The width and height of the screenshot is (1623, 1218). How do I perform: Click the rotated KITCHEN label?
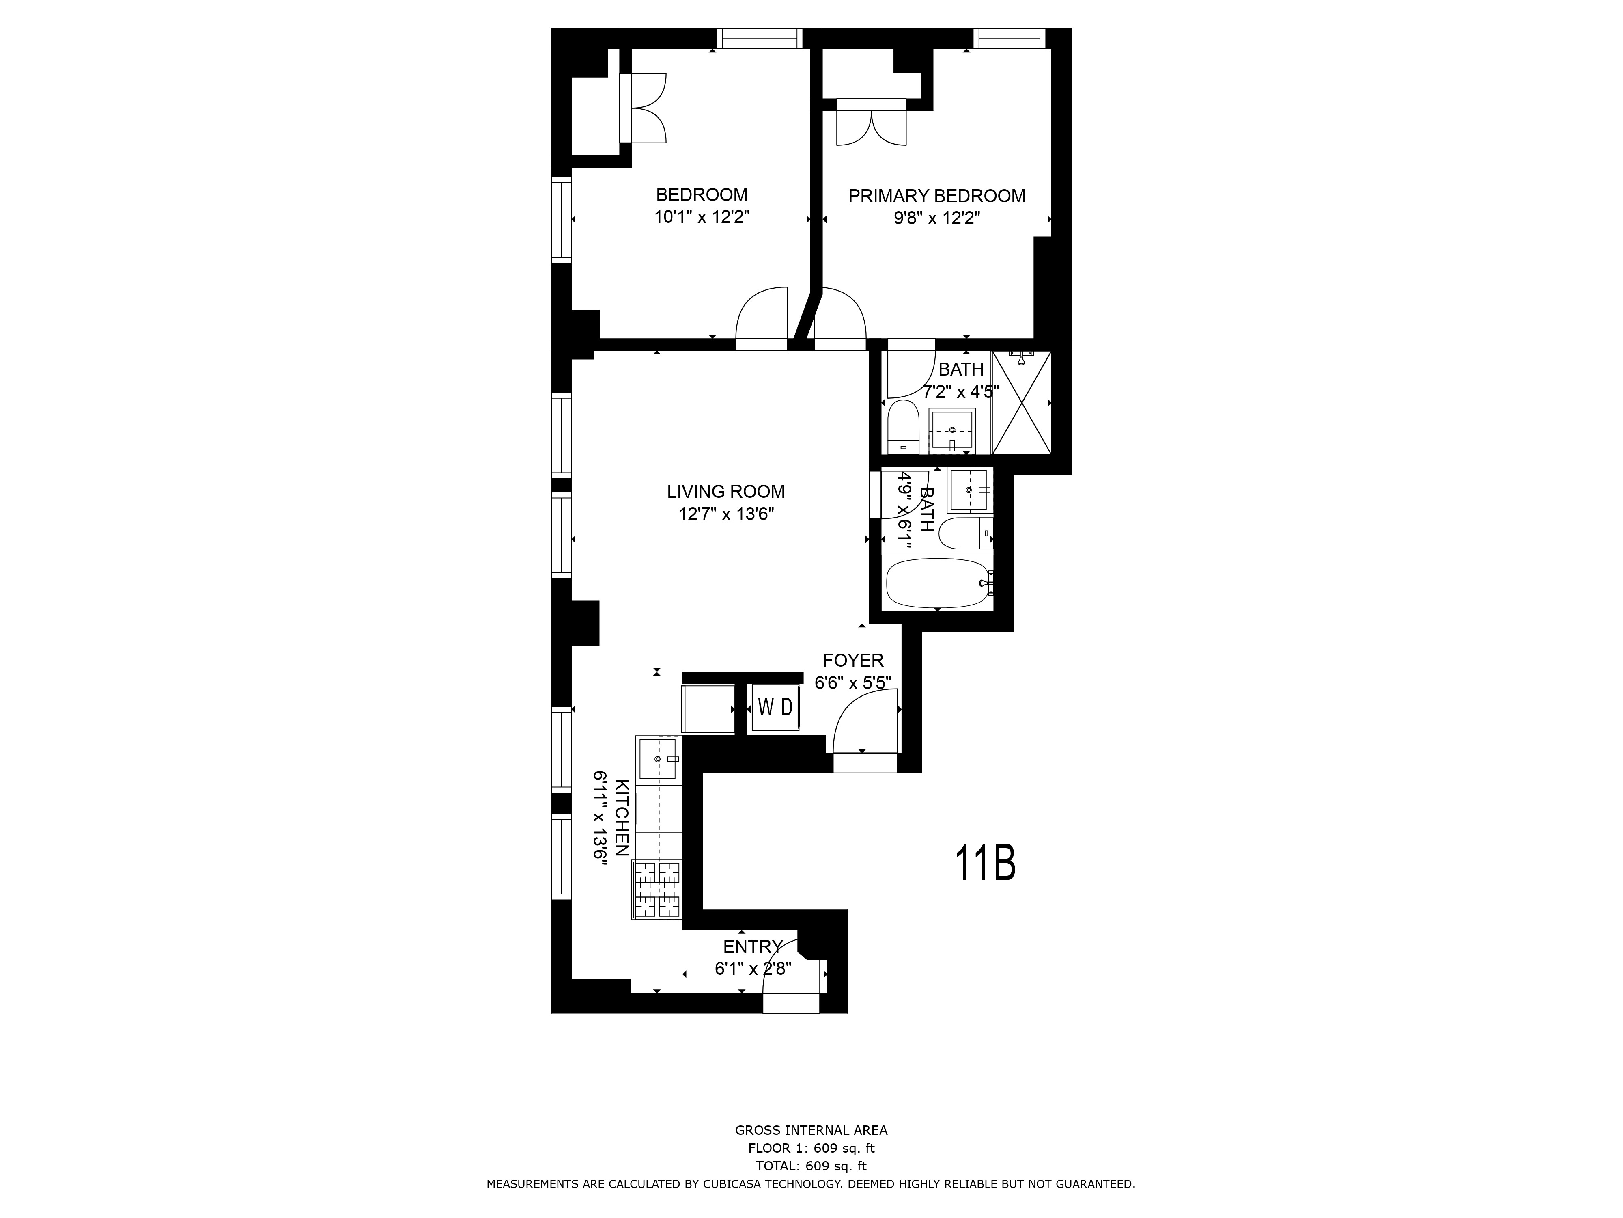coord(621,817)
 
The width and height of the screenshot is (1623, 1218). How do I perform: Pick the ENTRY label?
coord(753,946)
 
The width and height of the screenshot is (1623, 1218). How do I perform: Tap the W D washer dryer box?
coord(775,707)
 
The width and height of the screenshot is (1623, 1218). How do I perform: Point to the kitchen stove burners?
coord(657,889)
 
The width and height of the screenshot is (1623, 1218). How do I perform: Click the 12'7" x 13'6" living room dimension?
coord(725,514)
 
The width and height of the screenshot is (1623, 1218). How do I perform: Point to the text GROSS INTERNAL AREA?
coord(811,1131)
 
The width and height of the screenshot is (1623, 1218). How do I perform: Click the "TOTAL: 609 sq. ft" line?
coord(811,1166)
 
